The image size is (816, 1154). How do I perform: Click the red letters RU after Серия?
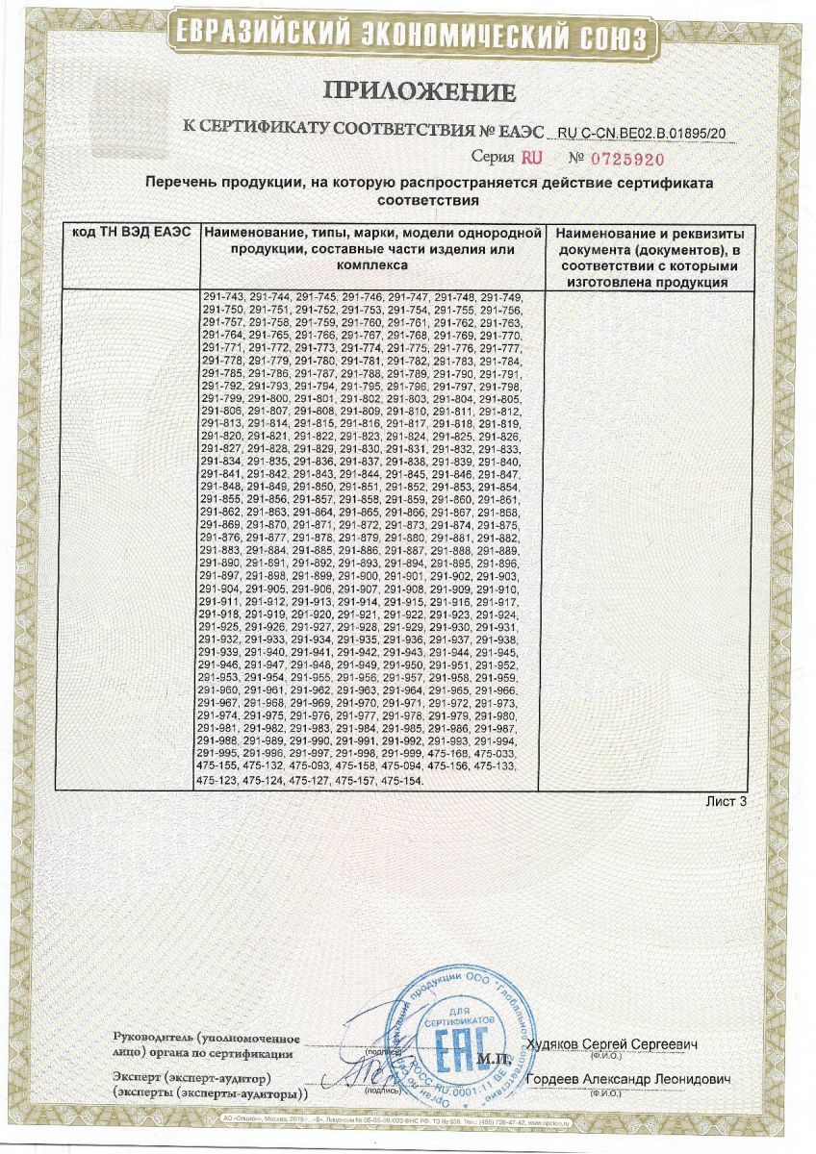point(532,157)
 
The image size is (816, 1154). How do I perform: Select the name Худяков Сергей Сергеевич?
point(614,1044)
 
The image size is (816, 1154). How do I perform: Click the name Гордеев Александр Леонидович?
point(628,1079)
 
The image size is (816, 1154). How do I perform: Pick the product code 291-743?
point(223,297)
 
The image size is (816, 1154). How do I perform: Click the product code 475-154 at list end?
point(402,784)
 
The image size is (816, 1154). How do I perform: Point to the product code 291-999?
point(405,754)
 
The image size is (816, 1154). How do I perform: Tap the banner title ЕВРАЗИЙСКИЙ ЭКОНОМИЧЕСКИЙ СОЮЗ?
point(407,36)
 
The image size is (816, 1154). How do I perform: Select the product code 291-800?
point(268,399)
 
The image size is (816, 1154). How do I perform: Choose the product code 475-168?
point(451,754)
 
